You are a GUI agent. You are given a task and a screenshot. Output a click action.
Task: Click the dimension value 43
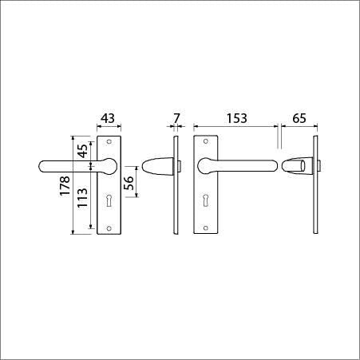pos(108,118)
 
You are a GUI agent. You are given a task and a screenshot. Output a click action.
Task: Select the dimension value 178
pos(65,186)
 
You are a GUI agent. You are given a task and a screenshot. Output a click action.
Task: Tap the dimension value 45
pos(83,151)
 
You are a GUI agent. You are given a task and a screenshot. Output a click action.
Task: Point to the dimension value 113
pos(82,198)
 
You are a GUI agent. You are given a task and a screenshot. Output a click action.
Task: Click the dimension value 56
pos(129,182)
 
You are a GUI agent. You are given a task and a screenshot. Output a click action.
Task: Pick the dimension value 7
pos(176,118)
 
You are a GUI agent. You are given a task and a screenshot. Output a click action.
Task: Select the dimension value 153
pos(237,118)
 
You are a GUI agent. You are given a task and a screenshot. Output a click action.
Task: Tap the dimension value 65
pos(299,118)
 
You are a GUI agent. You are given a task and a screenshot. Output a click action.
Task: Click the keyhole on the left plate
pos(109,200)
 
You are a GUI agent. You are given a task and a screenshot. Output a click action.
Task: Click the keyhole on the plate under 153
pos(206,200)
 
